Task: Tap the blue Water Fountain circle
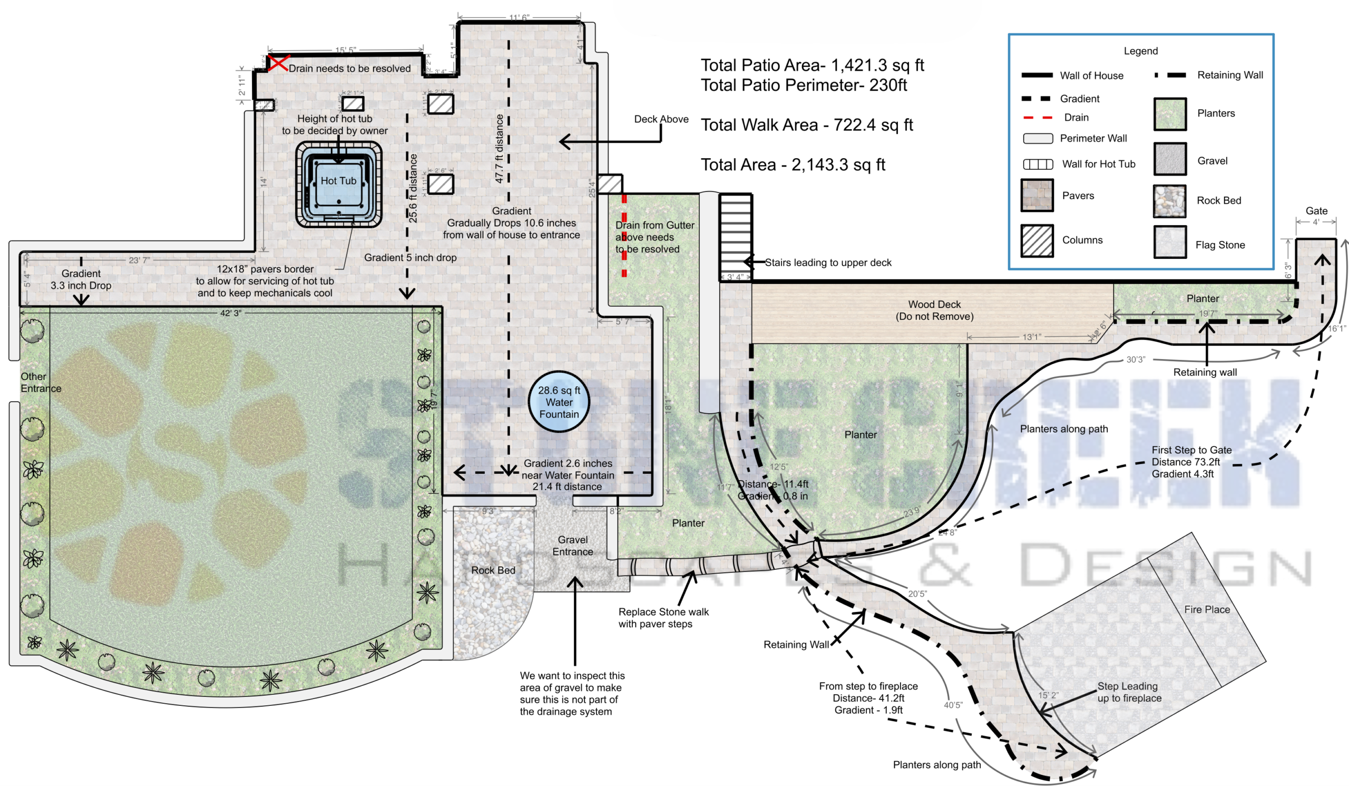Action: point(559,402)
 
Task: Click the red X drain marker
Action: point(278,63)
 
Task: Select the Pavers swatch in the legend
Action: point(1037,196)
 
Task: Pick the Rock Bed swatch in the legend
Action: point(1169,201)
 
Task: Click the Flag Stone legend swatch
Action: point(1169,242)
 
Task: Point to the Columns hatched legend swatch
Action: point(1037,240)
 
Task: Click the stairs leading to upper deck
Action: point(736,236)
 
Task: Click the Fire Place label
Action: point(1207,609)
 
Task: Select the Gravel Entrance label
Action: point(572,546)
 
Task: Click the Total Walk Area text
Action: point(806,125)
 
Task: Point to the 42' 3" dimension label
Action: point(231,313)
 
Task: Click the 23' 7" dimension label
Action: point(139,260)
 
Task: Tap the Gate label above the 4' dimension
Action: point(1316,210)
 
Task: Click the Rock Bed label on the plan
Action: point(493,570)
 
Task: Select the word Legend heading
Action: point(1140,51)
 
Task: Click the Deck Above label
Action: point(661,119)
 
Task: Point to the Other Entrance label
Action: point(41,382)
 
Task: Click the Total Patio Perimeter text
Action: point(804,85)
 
